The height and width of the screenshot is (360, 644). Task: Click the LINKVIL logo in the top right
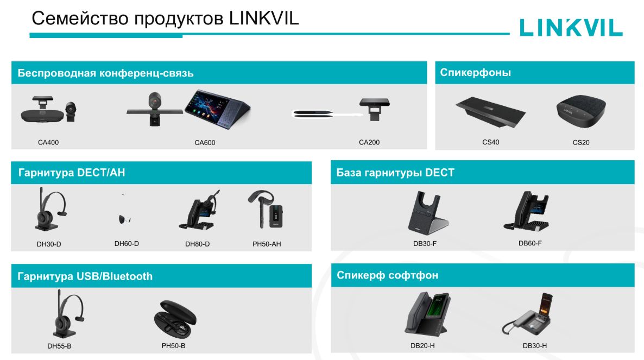click(x=571, y=28)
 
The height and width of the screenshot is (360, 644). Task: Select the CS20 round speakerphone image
click(x=581, y=111)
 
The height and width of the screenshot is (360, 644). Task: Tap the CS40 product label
click(x=490, y=142)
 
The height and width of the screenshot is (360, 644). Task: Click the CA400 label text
click(x=48, y=142)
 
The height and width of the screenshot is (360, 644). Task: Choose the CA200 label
click(x=369, y=142)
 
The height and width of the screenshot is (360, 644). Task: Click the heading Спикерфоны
click(x=475, y=73)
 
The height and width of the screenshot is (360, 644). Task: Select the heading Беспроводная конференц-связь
click(x=105, y=73)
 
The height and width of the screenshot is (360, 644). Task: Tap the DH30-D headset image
click(x=50, y=209)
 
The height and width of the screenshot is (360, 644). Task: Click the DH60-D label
click(x=127, y=243)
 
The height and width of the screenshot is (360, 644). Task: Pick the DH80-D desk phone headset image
click(x=199, y=210)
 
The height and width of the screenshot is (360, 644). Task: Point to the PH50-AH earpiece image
click(x=266, y=210)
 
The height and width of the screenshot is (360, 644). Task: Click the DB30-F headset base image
click(x=428, y=213)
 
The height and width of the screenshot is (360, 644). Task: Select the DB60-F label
click(x=530, y=243)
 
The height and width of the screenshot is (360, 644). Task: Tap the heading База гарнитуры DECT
click(x=395, y=173)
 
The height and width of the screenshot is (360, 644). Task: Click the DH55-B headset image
click(x=68, y=314)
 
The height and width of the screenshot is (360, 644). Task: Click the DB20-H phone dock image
click(x=428, y=314)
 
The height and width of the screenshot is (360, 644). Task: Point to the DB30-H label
click(x=534, y=346)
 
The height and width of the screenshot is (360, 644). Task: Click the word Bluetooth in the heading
click(x=127, y=276)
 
